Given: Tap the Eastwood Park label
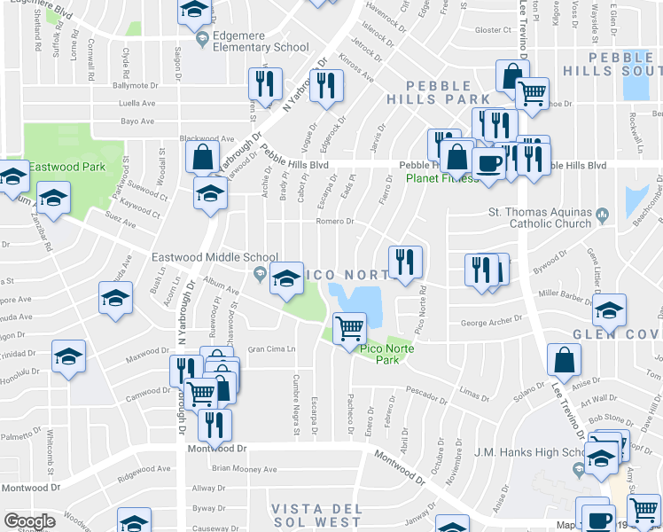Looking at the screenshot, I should click(x=67, y=167).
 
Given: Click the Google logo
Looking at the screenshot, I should click(x=28, y=521).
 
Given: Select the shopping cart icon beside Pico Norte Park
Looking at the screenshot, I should click(x=350, y=329).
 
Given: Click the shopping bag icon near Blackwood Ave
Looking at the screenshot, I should click(x=203, y=158).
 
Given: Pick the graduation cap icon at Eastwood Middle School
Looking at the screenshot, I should click(x=287, y=279).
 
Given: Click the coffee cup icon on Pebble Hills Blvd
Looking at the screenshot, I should click(x=488, y=162).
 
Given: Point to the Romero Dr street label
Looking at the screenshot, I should click(x=336, y=222).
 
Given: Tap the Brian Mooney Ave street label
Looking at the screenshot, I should click(x=245, y=468).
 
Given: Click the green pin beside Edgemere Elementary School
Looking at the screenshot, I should click(x=204, y=37).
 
